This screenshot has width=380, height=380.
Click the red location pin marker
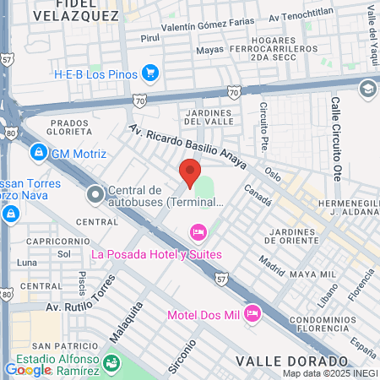point(189,172)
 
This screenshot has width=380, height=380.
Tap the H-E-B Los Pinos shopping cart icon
point(150,73)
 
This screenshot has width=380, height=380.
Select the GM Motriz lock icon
point(37,153)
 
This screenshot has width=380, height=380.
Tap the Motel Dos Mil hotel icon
point(251,314)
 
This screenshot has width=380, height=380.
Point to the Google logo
point(28,369)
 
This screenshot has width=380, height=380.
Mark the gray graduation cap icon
point(367,88)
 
